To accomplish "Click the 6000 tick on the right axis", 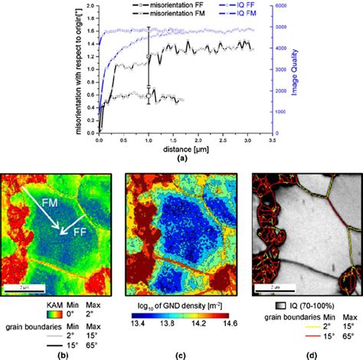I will [x=280, y=5].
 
